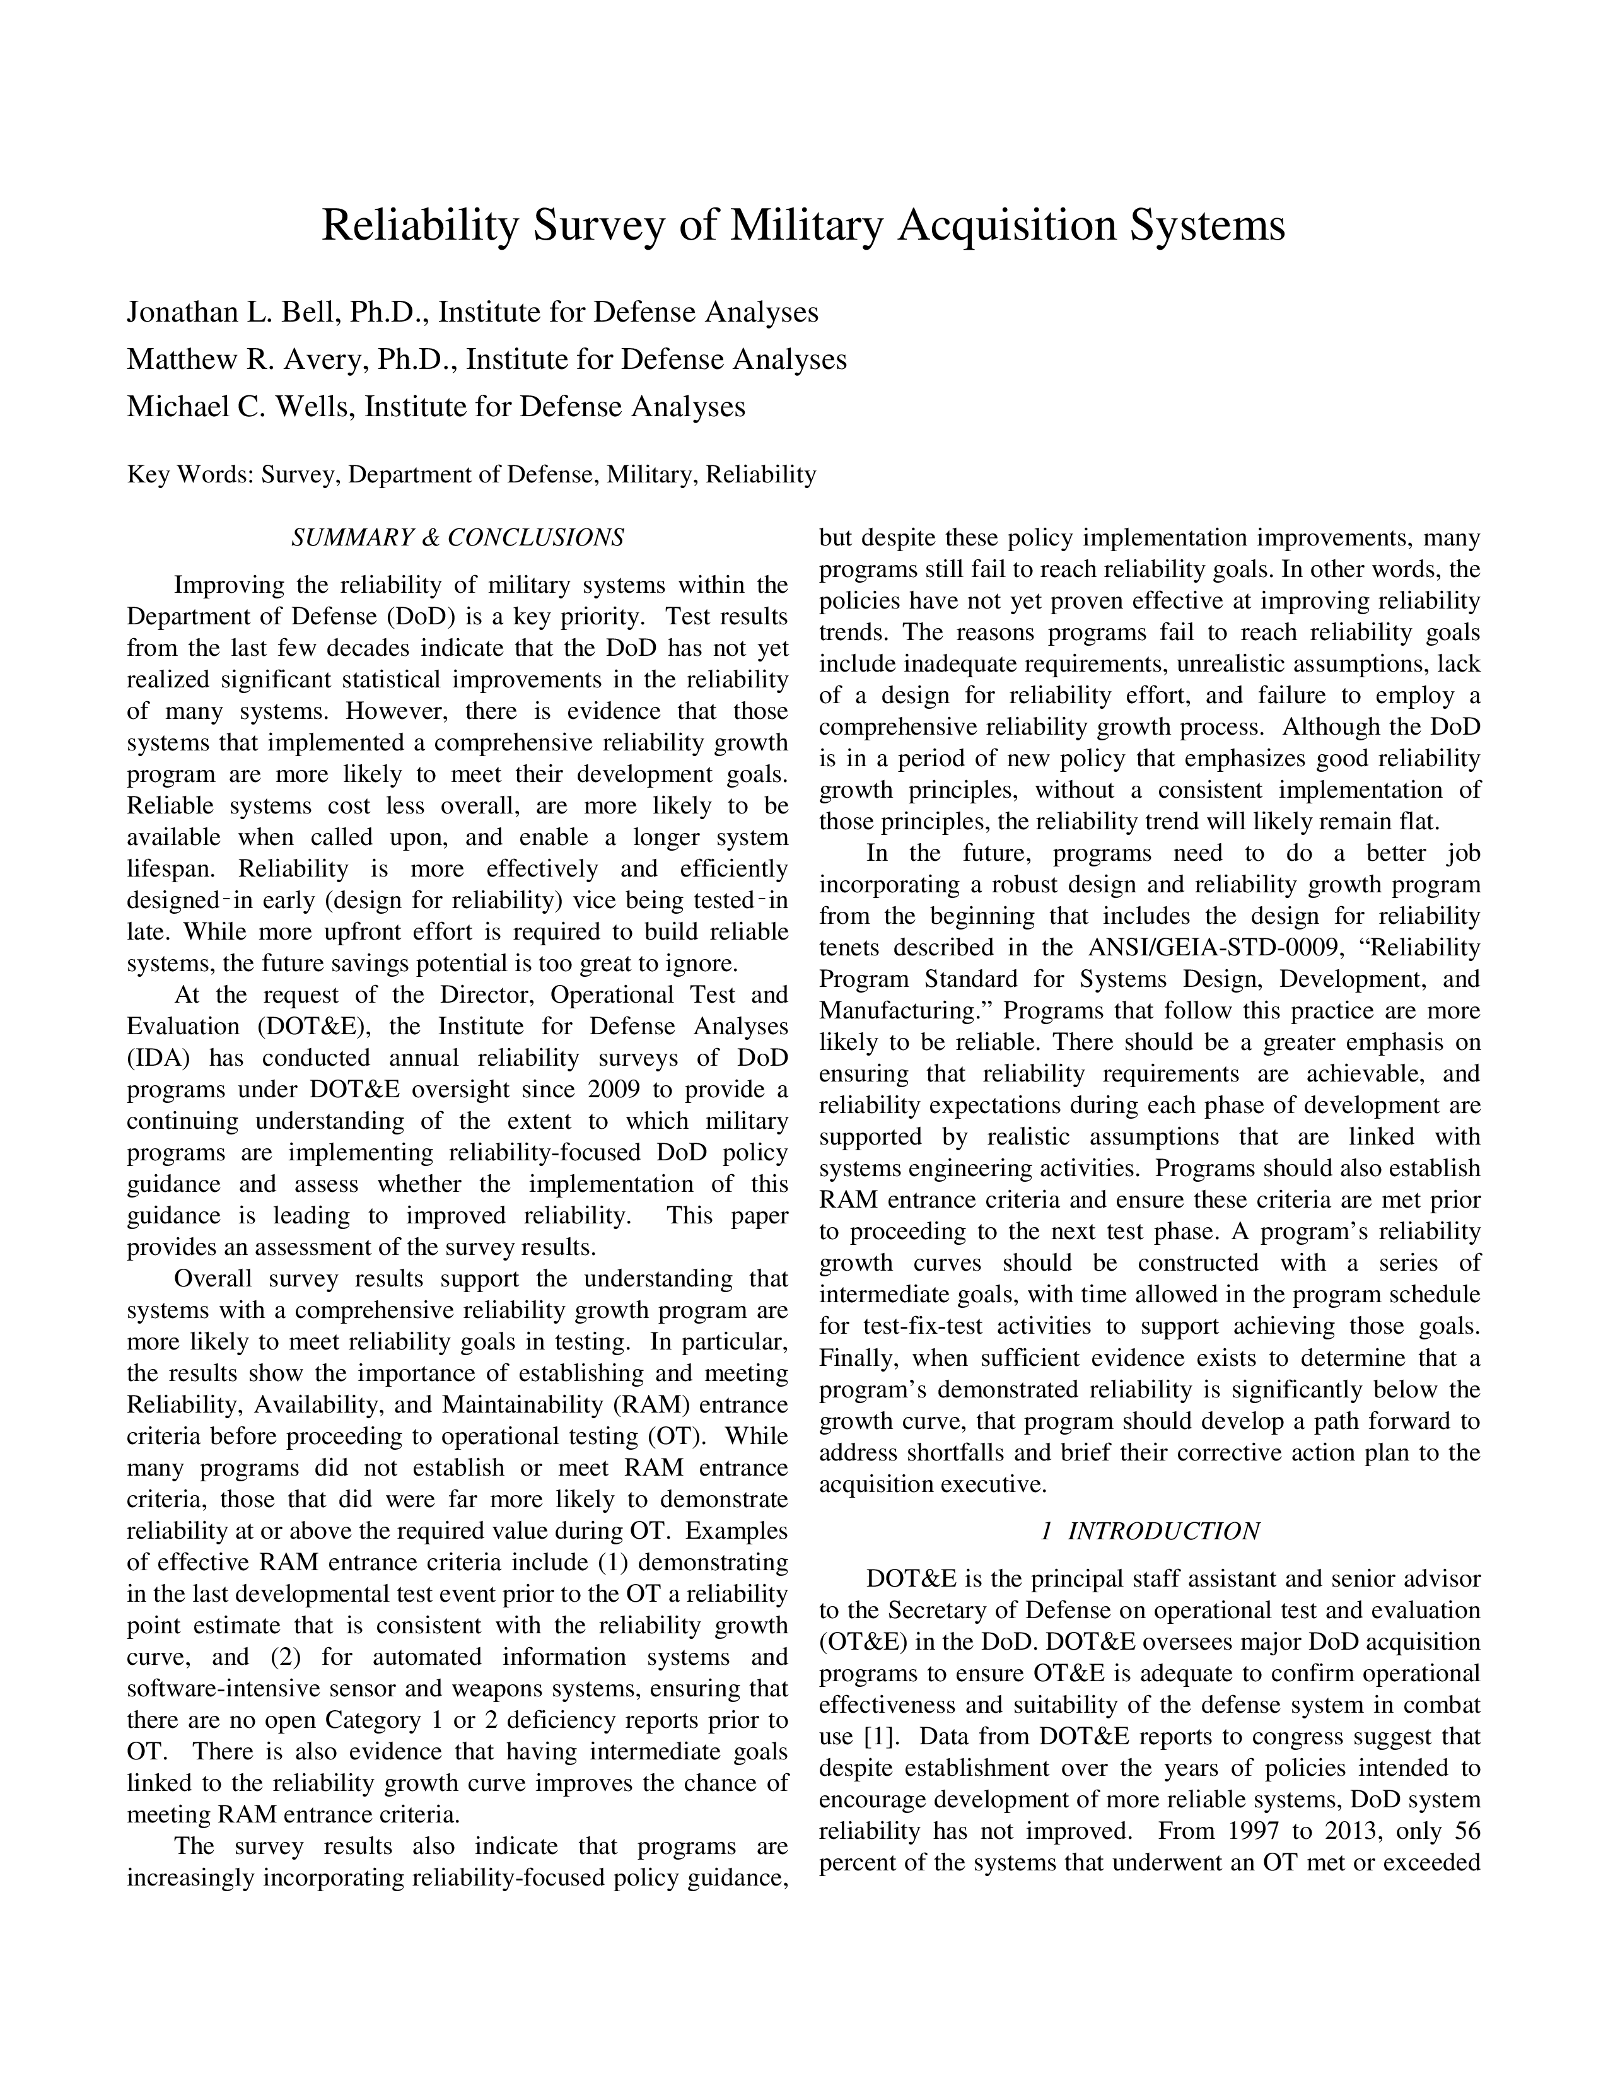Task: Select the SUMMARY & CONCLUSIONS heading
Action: (457, 539)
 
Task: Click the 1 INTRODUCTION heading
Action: (1150, 1531)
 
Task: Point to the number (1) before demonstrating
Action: (604, 1563)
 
